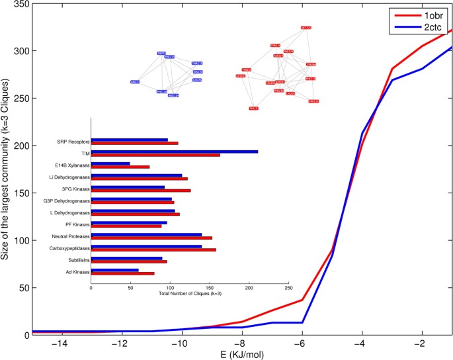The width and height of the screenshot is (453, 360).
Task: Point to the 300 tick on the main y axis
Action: [x=20, y=51]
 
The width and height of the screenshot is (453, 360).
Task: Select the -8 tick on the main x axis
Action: [x=241, y=344]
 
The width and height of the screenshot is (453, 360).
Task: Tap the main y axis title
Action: [x=6, y=169]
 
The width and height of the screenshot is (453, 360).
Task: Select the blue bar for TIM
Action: [x=174, y=152]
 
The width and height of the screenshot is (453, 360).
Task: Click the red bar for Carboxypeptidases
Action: [x=153, y=250]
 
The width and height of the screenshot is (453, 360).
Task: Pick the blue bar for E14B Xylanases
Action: [x=110, y=163]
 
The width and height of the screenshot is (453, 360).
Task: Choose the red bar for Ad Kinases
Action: [x=122, y=273]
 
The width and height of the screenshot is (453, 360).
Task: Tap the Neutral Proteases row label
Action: [x=70, y=236]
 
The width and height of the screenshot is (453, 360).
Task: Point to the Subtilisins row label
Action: [x=78, y=260]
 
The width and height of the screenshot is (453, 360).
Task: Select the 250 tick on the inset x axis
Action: [x=288, y=288]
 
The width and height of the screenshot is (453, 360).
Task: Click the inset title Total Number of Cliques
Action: [x=189, y=293]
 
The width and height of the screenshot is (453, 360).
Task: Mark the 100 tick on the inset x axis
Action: [x=170, y=288]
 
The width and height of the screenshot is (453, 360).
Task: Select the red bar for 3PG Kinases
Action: [x=141, y=191]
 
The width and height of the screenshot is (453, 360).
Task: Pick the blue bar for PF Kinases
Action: [x=129, y=222]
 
